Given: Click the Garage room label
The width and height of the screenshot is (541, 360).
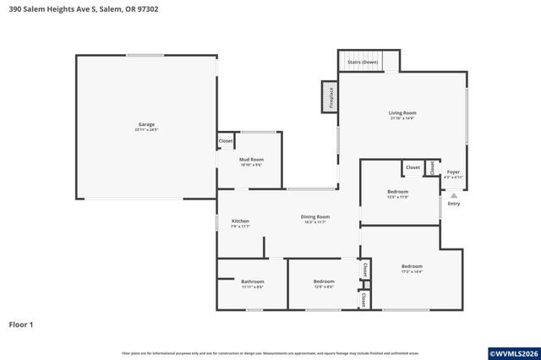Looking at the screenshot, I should coord(146,124).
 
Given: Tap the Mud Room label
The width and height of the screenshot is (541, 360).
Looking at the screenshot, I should coord(251,159).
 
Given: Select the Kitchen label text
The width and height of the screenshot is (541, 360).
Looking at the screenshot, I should coord(240,221).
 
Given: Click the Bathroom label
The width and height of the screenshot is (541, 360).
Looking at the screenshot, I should coord(252,281).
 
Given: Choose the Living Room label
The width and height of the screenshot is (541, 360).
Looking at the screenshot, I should coord(402,112).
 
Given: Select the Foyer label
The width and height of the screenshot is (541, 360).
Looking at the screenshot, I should coord(453,172).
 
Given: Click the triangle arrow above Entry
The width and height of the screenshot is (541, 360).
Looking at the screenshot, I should coord(454,194).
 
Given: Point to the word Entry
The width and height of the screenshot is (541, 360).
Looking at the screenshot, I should coord(454,204).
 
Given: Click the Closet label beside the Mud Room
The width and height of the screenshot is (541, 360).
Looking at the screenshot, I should coord(226,140).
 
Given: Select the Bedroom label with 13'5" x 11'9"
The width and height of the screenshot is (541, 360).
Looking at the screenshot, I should coord(397,192).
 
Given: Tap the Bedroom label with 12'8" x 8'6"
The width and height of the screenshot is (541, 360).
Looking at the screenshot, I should coord(324,281).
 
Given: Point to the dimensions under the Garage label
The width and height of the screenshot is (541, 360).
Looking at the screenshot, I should coord(146,130).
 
